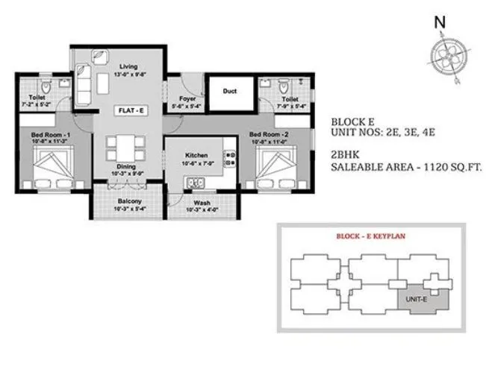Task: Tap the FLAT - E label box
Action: coord(128,110)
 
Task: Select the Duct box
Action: coord(229,92)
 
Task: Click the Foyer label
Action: coord(187,98)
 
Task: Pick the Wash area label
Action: coord(201,202)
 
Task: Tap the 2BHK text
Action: coord(346,156)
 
